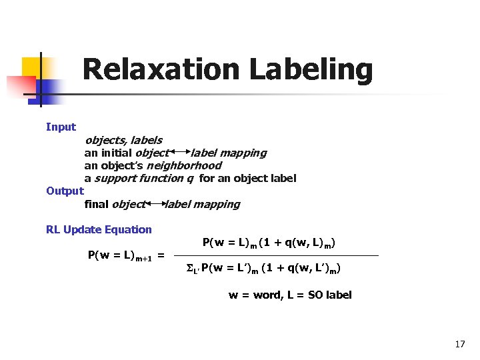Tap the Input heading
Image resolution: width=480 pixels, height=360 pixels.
click(x=61, y=127)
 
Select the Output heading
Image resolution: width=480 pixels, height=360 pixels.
click(x=65, y=191)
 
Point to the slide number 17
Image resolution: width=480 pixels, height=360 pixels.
click(x=459, y=344)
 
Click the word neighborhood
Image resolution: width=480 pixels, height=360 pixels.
click(x=184, y=165)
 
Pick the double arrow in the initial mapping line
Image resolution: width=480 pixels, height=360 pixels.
click(x=180, y=153)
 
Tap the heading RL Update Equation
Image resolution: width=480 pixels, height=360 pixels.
click(x=99, y=229)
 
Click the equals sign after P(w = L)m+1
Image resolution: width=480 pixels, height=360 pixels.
click(x=161, y=256)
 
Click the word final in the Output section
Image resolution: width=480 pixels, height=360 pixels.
click(x=96, y=204)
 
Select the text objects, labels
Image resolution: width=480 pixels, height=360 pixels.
click(x=123, y=140)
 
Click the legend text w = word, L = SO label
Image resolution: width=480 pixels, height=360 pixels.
click(x=290, y=295)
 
